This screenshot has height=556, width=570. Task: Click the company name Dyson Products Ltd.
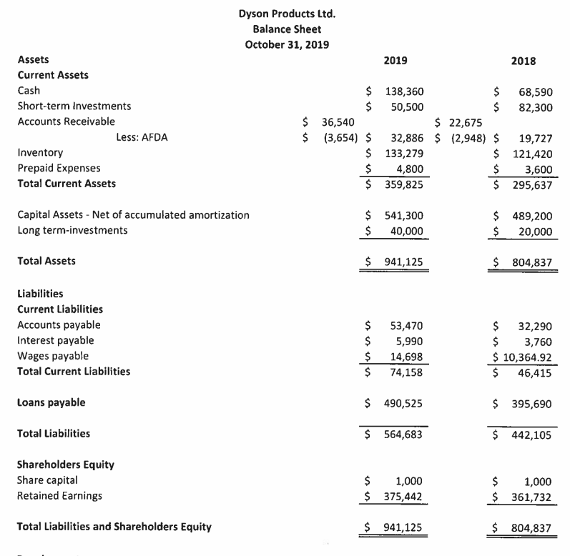tap(287, 14)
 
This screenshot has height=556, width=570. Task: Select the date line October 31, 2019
tap(287, 44)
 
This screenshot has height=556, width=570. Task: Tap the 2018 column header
tap(524, 61)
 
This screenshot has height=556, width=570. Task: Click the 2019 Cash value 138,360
tap(404, 91)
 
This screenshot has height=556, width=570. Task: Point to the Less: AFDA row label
tap(142, 138)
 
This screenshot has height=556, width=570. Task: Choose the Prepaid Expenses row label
tap(59, 169)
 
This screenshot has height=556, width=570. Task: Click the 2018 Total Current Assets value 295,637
tap(532, 184)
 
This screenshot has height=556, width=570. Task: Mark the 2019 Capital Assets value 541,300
tap(404, 215)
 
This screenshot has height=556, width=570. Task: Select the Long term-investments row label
tap(72, 230)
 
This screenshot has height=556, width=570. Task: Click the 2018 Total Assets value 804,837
tap(532, 262)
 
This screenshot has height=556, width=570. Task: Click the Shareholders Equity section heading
tap(65, 465)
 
